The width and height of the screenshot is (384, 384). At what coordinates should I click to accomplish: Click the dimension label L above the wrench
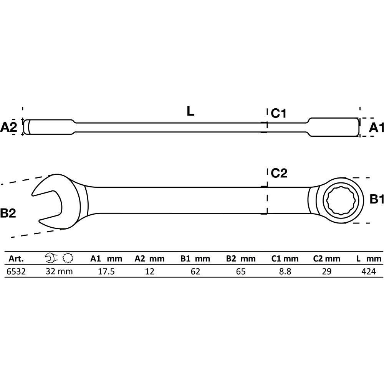coord(190,111)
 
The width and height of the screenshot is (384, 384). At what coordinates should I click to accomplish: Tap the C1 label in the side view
coord(278,113)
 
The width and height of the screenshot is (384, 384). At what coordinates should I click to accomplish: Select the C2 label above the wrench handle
coord(279,173)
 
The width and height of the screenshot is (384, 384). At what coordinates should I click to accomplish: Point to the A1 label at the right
coord(376,127)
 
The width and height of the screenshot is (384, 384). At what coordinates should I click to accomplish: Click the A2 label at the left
coord(8,127)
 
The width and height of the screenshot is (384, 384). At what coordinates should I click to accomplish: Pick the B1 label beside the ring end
coord(377,199)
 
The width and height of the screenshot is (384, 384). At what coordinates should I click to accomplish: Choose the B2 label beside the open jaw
coord(8,213)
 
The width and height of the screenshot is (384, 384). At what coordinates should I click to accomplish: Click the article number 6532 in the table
coord(16,271)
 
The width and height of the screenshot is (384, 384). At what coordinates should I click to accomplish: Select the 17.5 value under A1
coord(106,271)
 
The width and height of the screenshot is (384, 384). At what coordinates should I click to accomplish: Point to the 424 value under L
coord(369,271)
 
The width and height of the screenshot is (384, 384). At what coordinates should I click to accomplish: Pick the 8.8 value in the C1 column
coord(285,271)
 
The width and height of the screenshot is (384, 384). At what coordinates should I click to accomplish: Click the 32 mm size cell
coord(59,271)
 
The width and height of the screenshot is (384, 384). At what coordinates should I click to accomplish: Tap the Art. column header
coord(16,258)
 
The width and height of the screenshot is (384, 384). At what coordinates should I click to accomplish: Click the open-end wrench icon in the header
coord(51,258)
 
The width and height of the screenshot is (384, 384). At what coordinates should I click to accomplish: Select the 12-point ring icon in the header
coord(68,258)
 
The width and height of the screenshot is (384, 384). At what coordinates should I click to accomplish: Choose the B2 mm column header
coord(241,258)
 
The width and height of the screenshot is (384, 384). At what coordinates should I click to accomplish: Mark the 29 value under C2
coord(327,271)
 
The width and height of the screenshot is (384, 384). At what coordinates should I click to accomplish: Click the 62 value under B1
coord(195,271)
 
